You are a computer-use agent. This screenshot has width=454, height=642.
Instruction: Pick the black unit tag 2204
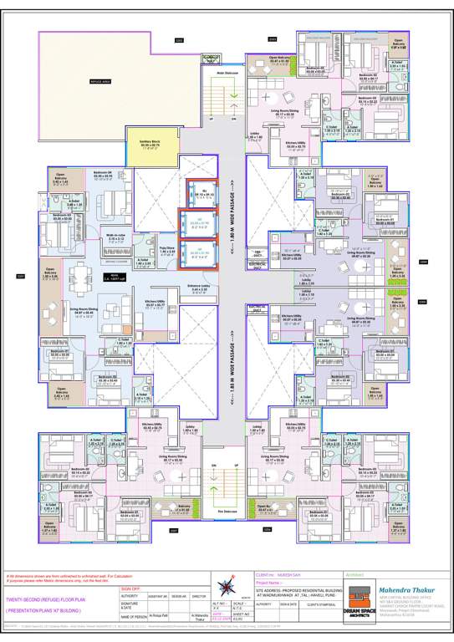pyautogui.click(x=423, y=261)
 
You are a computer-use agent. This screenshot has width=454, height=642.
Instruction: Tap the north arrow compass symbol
pyautogui.click(x=223, y=586)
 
